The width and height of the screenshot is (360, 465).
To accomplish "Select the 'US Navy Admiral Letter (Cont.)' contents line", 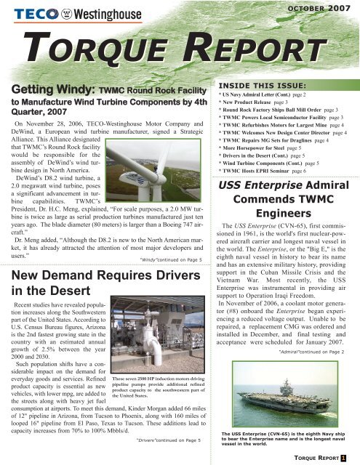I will click(x=278, y=95).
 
